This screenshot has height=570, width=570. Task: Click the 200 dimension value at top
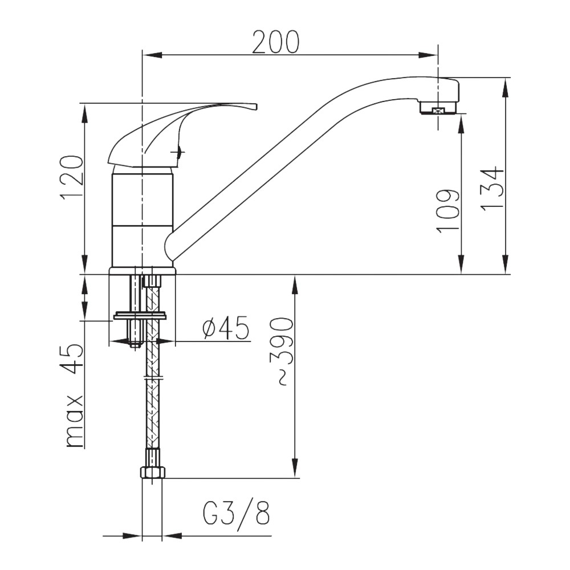[275, 42]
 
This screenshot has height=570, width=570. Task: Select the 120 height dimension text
[73, 177]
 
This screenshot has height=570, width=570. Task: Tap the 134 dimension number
[491, 189]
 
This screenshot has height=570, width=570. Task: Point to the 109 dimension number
[448, 211]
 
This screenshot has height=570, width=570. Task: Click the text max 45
[73, 396]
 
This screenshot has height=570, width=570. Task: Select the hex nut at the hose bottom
[152, 472]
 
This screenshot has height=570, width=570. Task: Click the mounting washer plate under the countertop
[140, 315]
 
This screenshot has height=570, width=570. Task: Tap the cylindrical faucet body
[142, 217]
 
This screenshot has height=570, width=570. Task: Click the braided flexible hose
[152, 399]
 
